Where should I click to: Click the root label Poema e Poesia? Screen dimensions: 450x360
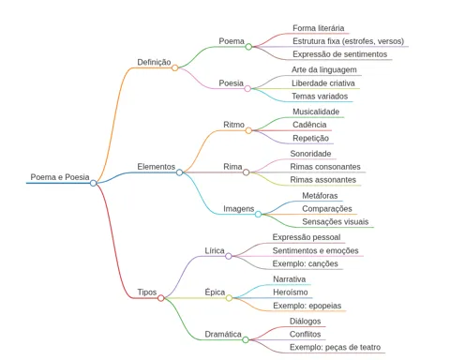coord(60,177)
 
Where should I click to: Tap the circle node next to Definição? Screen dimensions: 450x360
coord(175,67)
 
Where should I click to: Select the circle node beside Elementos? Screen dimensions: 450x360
coord(179,172)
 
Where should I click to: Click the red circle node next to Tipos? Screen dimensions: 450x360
coord(161,298)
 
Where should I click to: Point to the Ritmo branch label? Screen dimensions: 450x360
coord(233,125)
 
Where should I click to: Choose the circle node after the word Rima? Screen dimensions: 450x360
coord(247,172)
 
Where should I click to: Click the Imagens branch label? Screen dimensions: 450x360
coord(239,209)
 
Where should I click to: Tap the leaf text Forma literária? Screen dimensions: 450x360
coord(319,28)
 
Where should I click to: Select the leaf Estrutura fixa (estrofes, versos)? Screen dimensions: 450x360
coord(349,41)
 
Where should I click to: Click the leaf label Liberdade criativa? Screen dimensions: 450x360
coord(323,83)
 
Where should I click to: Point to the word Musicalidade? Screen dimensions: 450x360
coord(316,112)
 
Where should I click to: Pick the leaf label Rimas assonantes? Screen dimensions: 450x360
coord(323,180)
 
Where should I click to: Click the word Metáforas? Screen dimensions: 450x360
coord(320,196)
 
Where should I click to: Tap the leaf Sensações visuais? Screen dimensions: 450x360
coord(336,222)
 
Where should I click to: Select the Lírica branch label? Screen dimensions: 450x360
coord(215,250)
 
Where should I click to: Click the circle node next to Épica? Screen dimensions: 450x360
coord(229,298)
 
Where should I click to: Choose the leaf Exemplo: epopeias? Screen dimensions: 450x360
coord(307,306)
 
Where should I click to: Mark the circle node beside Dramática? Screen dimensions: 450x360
coord(246,339)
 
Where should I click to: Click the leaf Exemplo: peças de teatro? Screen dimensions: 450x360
coord(335,347)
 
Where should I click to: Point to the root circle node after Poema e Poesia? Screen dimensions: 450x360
coord(93,183)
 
